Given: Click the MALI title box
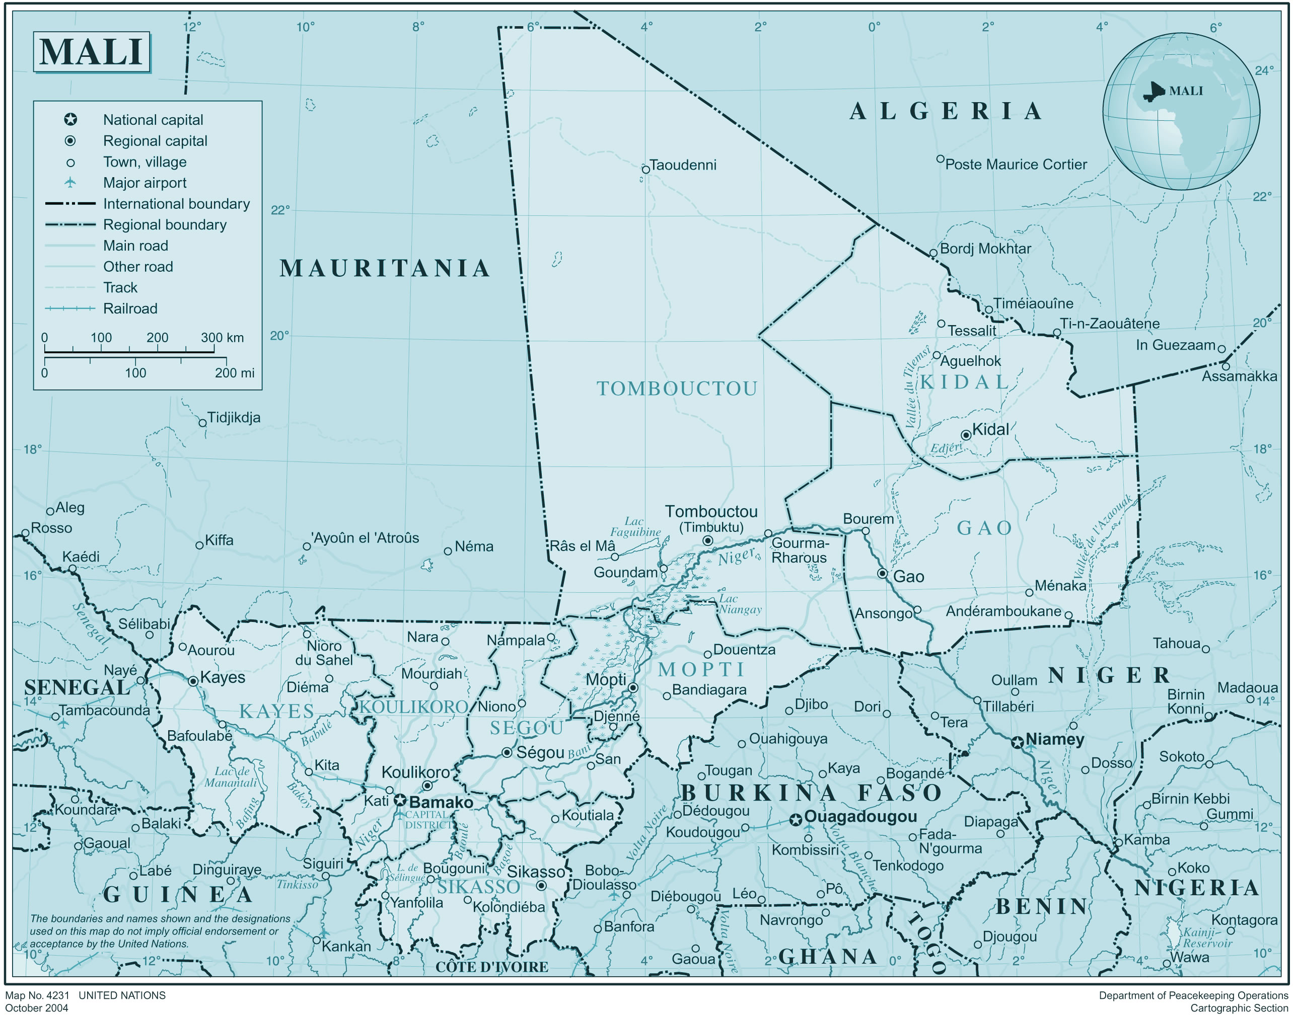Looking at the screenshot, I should click(x=91, y=52).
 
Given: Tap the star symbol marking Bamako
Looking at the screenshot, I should click(x=400, y=800).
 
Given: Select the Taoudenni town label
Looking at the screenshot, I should click(x=683, y=165).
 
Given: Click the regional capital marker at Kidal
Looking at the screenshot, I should click(x=966, y=435).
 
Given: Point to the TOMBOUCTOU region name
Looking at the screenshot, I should click(x=677, y=388).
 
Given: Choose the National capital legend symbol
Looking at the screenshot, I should click(x=70, y=120).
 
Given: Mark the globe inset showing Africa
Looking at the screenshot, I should click(x=1181, y=111).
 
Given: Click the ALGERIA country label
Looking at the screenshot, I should click(x=946, y=111).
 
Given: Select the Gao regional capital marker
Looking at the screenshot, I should click(x=883, y=574).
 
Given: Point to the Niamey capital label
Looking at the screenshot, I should click(x=1054, y=739).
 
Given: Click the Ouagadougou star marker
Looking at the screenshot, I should click(x=795, y=820).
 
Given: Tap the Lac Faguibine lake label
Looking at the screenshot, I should click(x=635, y=526).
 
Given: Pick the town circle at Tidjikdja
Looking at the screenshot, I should click(x=202, y=423).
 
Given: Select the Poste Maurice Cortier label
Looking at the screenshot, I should click(x=1015, y=164).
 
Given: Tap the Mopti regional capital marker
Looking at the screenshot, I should click(x=633, y=687).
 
